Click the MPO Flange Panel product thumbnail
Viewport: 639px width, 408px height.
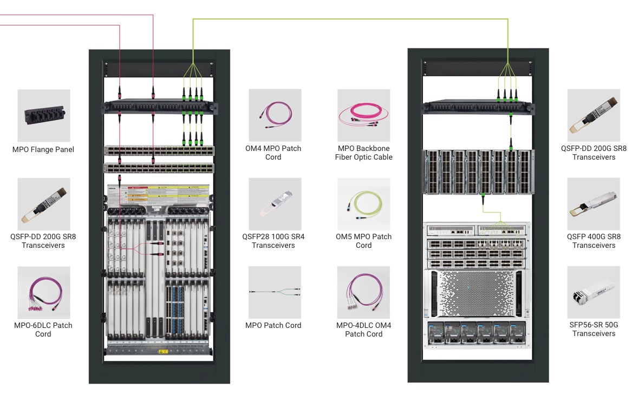coord(44,115)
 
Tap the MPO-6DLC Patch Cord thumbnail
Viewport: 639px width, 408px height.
coord(44,292)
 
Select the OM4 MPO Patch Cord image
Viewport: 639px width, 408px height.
coord(275,115)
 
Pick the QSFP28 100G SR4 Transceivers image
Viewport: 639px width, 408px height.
coord(275,203)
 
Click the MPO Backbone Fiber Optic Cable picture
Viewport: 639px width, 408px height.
coord(363,115)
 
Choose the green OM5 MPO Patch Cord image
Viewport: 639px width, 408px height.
coord(363,203)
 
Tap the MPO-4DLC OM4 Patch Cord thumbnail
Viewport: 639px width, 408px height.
coord(363,292)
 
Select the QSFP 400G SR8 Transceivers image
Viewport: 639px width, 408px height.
coord(594,203)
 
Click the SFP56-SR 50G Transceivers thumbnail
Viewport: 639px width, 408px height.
coord(594,292)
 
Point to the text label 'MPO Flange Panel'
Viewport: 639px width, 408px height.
coord(43,149)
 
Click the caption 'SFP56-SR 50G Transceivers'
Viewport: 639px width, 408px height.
coord(594,330)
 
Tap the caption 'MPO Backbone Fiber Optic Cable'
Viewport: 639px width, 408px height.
coord(364,153)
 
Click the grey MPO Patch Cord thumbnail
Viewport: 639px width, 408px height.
coord(275,292)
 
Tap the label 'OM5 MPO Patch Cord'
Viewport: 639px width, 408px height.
coord(364,241)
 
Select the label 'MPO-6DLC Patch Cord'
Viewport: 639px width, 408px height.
coord(43,330)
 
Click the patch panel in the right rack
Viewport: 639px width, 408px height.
coord(477,107)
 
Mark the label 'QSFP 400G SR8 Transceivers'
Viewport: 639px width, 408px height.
coord(594,241)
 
